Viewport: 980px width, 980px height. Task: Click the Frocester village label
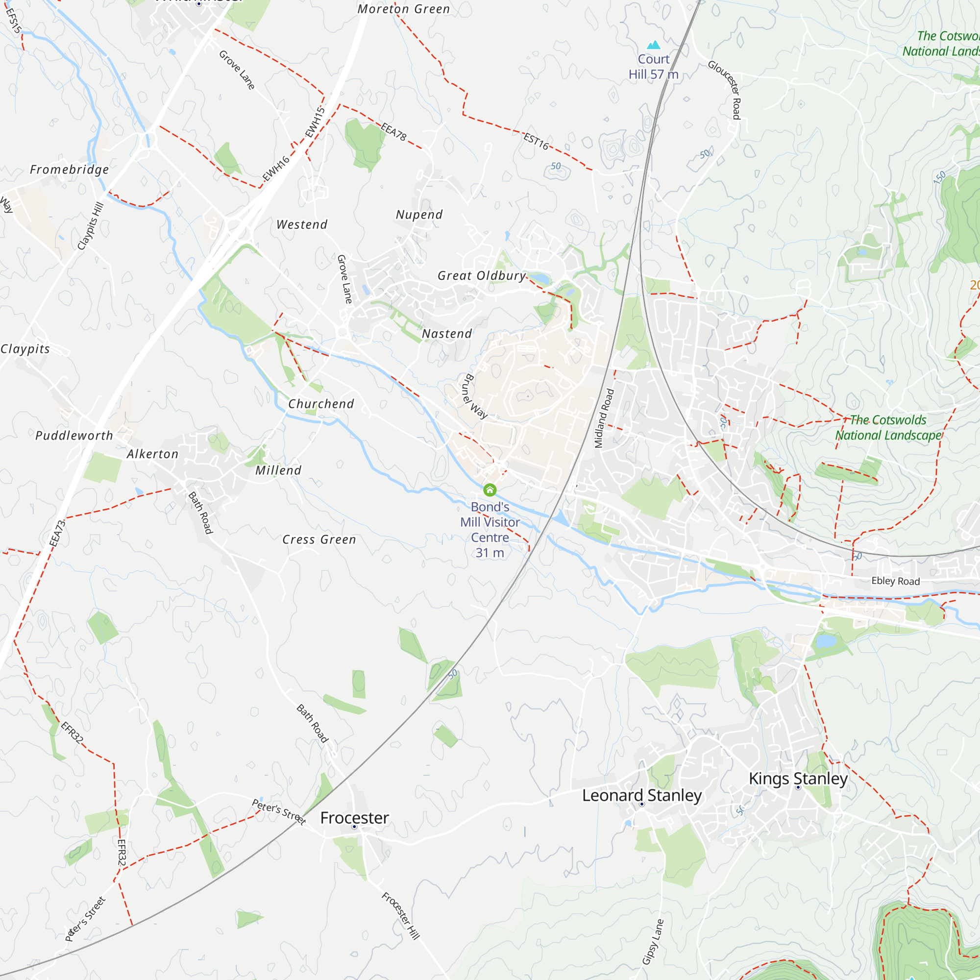pos(355,818)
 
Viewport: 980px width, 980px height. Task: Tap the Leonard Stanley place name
pos(642,795)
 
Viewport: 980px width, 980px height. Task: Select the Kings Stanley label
pos(798,778)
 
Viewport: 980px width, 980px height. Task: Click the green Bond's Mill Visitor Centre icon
pos(490,490)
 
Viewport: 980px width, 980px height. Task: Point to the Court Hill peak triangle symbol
pos(654,45)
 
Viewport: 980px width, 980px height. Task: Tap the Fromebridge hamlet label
pos(70,170)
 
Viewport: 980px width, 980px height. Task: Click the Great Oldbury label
pos(482,275)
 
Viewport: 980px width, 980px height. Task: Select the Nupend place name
pos(419,215)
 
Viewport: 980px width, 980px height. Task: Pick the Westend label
pos(302,224)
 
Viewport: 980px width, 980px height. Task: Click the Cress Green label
pos(319,539)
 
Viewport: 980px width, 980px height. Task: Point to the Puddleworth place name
pos(74,435)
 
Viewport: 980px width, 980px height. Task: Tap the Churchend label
pos(321,404)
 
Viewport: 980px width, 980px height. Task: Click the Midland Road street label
pos(604,418)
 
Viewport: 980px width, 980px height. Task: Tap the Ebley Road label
pos(895,581)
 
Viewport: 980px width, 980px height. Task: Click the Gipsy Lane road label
pos(653,941)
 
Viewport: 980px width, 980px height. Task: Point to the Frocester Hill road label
pos(401,916)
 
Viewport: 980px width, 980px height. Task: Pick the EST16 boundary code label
pos(536,142)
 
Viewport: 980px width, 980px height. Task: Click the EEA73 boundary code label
pos(58,533)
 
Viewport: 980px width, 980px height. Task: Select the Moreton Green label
pos(404,9)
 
